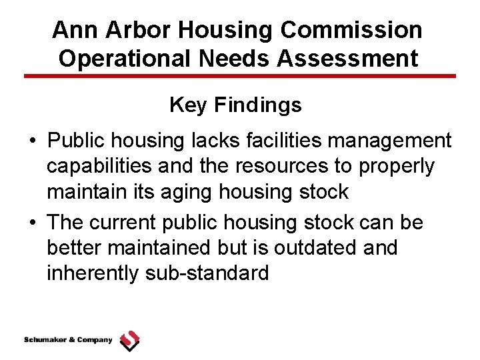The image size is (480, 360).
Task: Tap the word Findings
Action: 257,105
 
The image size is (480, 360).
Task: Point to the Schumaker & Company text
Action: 68,340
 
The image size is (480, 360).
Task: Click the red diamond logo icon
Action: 129,341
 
